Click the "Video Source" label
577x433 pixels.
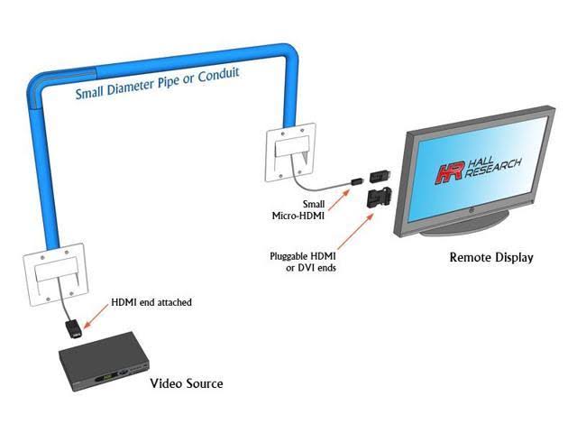[x=186, y=383]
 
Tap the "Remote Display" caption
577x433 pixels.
[x=491, y=257]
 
